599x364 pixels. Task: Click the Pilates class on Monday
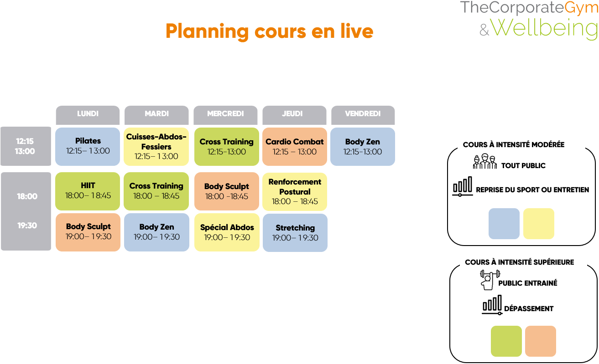(x=88, y=146)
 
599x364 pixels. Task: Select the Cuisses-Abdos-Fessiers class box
(x=156, y=146)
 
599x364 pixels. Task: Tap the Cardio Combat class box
(x=295, y=146)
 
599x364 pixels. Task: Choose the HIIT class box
(x=88, y=191)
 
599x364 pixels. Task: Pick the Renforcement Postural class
(x=295, y=191)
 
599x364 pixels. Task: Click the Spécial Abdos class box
(x=227, y=232)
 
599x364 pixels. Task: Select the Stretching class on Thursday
(x=295, y=233)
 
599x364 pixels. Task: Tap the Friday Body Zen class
(x=363, y=146)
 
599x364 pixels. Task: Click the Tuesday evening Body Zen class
(x=156, y=232)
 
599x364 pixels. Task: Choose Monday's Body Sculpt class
(x=88, y=232)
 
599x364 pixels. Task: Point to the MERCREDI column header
(x=225, y=114)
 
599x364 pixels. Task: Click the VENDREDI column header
(x=363, y=114)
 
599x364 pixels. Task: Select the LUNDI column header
(x=88, y=114)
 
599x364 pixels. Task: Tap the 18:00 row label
(x=27, y=196)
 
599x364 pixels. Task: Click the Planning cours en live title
(x=269, y=31)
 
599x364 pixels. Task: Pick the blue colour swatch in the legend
(x=504, y=224)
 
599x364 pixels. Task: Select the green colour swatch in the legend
(x=506, y=341)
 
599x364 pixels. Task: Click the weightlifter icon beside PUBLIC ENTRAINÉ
(x=489, y=280)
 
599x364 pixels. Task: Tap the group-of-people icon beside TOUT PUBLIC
(x=484, y=162)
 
